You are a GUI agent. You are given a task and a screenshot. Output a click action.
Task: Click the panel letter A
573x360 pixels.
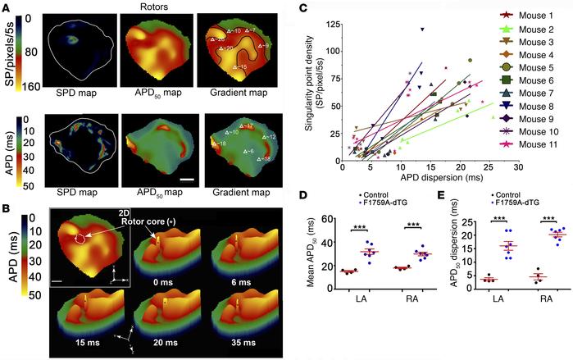[7, 8]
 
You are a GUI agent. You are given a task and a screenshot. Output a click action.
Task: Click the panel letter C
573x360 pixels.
[326, 8]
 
